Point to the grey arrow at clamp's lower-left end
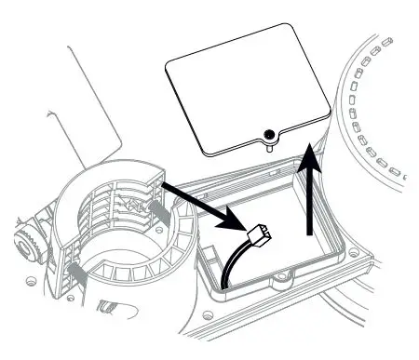click(74, 272)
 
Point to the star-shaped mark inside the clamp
click(137, 203)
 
